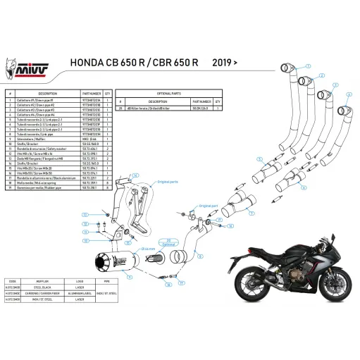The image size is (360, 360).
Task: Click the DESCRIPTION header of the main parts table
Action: click(x=47, y=93)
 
